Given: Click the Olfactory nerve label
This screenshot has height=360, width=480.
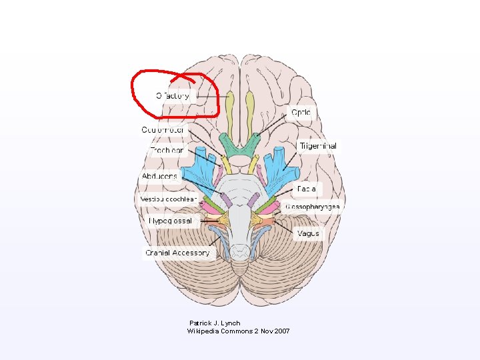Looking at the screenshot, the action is [x=173, y=96].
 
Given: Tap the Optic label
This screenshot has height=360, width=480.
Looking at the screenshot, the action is [x=301, y=113].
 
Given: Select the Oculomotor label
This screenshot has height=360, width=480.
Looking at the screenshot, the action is [x=163, y=129].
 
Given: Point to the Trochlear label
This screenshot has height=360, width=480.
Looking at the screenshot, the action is [x=166, y=151].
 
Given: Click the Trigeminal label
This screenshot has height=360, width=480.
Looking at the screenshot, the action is [x=317, y=146].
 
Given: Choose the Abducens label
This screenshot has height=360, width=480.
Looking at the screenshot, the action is [x=160, y=176].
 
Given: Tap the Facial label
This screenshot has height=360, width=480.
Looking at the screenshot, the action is [x=307, y=189].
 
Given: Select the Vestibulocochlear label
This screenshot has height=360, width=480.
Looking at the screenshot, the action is [x=168, y=199].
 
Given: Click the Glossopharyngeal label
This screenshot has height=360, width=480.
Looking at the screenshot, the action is [x=313, y=207].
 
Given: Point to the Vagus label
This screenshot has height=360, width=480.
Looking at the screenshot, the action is [x=308, y=233].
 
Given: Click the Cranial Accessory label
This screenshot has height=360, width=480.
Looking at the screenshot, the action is [x=177, y=253].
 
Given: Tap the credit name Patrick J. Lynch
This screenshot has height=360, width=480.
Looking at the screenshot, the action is [x=215, y=323].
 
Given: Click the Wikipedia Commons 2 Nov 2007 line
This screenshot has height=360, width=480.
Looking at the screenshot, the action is [x=238, y=331].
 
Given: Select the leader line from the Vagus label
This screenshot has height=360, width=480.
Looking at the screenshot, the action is [x=285, y=229].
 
